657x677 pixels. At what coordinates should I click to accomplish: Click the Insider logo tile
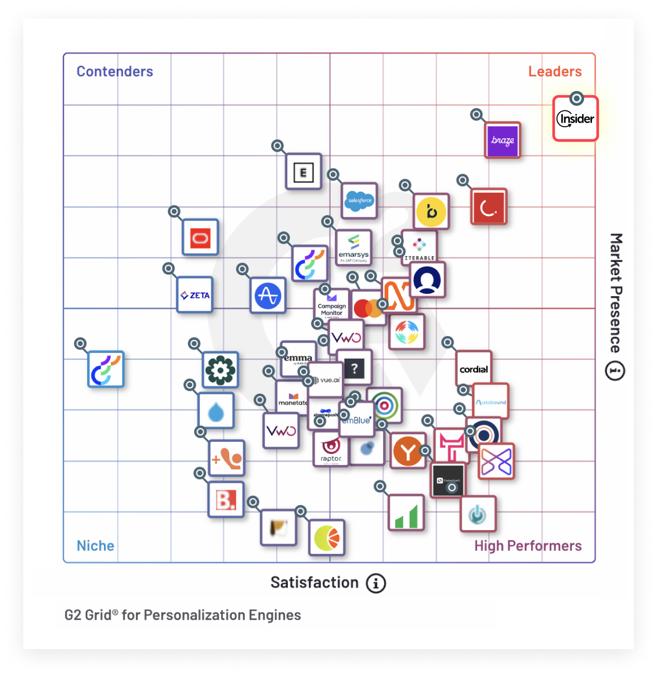[x=575, y=119]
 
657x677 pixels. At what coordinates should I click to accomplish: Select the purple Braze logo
[x=503, y=140]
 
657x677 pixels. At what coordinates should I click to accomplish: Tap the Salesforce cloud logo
[x=359, y=201]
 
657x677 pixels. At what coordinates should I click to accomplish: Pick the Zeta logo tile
[x=195, y=295]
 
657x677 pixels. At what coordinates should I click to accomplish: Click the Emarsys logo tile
[x=354, y=248]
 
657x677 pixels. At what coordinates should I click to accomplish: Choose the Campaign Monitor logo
[x=331, y=305]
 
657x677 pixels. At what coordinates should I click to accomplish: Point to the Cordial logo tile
[x=474, y=369]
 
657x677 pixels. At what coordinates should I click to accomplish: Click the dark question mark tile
[x=354, y=368]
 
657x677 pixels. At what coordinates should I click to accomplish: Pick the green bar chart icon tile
[x=406, y=513]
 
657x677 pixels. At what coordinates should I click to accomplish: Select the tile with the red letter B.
[x=226, y=499]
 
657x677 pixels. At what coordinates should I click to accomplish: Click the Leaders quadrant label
[x=555, y=71]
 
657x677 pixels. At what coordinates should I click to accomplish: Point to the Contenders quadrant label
[x=115, y=71]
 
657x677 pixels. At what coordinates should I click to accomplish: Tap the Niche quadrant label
[x=96, y=546]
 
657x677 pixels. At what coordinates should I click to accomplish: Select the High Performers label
[x=528, y=546]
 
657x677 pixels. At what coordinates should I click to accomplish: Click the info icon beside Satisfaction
[x=376, y=583]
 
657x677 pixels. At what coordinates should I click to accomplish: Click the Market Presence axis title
[x=616, y=293]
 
